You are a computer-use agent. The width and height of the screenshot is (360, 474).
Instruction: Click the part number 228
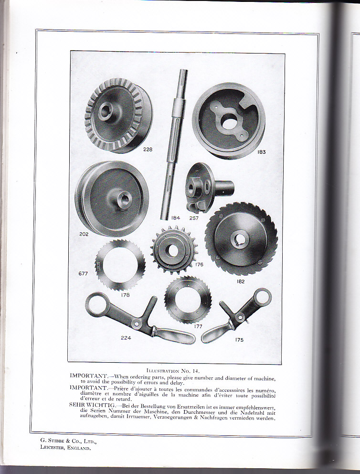148,150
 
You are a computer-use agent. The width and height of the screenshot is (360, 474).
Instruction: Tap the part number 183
262,152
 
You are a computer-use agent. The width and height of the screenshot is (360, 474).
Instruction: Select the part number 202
84,234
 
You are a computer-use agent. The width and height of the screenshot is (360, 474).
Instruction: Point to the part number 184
176,218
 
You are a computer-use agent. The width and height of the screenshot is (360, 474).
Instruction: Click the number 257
194,218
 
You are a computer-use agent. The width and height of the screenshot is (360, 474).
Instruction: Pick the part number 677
83,274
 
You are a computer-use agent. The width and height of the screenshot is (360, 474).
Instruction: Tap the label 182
241,281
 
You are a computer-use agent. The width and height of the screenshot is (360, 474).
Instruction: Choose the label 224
126,338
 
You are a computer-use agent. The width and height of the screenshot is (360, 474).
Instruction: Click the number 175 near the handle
239,340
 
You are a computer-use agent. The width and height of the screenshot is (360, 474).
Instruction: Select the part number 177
198,326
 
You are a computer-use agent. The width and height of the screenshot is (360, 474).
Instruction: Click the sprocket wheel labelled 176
174,250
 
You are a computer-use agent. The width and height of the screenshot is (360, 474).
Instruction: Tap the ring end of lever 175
262,298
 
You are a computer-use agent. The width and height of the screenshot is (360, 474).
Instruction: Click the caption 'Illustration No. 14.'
173,371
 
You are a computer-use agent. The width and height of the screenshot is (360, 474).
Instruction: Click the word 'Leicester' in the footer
52,448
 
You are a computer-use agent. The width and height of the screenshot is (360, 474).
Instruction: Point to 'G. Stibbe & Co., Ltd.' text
68,441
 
